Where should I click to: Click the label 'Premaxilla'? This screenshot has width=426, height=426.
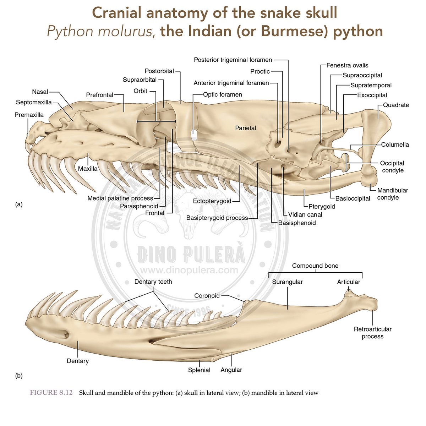tap(29, 115)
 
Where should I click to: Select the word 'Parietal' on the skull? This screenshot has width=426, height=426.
tap(245, 128)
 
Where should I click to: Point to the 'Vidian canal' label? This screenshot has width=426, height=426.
tap(305, 214)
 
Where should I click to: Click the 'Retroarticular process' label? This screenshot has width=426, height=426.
tap(372, 333)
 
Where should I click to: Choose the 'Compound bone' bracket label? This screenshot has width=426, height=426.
tap(315, 266)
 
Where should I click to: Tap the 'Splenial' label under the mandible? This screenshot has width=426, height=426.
tap(199, 370)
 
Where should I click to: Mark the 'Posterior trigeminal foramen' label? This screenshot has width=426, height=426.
tap(233, 60)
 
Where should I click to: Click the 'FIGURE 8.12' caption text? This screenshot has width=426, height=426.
tap(51, 393)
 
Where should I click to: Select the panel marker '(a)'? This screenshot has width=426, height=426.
tap(19, 204)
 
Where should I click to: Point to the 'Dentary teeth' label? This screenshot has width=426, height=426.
tap(153, 282)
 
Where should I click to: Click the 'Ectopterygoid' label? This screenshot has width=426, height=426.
tap(212, 201)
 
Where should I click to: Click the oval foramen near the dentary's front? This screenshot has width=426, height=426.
tap(65, 334)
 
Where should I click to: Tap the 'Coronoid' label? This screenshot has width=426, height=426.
tap(207, 295)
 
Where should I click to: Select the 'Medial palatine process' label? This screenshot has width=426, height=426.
tap(120, 198)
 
